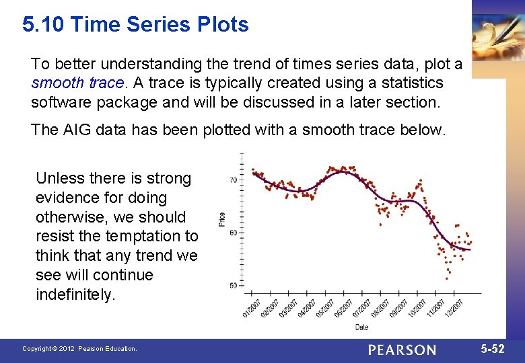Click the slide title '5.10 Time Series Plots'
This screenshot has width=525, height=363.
[x=135, y=25]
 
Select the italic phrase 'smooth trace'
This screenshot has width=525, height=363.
[x=77, y=83]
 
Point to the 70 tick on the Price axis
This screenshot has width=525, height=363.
[x=233, y=180]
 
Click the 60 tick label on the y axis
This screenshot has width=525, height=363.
[x=233, y=233]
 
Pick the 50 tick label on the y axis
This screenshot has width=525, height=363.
[x=233, y=286]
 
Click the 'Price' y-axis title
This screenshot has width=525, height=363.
[x=221, y=218]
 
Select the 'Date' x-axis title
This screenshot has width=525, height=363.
[x=362, y=327]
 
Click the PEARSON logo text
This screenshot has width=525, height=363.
[x=402, y=350]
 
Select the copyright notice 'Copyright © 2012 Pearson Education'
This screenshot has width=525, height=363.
[x=79, y=349]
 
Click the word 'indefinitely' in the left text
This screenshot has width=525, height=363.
[x=75, y=294]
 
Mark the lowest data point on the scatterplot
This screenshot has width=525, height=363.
[x=447, y=277]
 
